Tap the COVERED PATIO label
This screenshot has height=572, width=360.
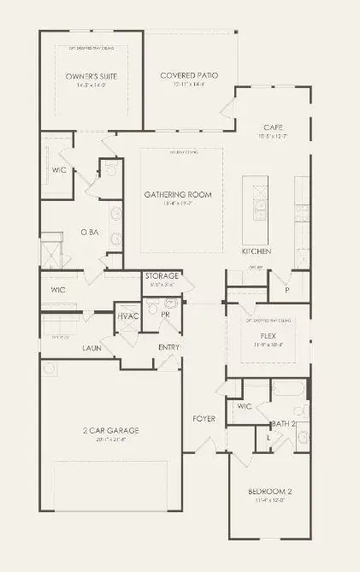pos(189,76)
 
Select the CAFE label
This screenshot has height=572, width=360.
pos(274,127)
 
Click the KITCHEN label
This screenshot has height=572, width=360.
pos(257,251)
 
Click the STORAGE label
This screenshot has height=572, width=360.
pos(162,276)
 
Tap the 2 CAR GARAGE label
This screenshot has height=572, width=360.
pos(111,430)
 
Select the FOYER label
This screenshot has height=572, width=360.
pos(204,418)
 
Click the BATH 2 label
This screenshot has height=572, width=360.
pos(284,423)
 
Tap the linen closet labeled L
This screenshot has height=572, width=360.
pos(269,437)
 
